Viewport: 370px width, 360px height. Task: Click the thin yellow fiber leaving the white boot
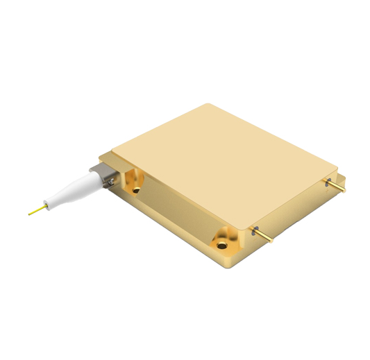coord(37,209)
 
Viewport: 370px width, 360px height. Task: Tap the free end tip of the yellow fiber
coord(29,214)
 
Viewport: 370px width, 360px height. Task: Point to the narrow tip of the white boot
coord(49,203)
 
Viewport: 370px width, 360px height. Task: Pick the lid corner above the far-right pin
coord(337,168)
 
